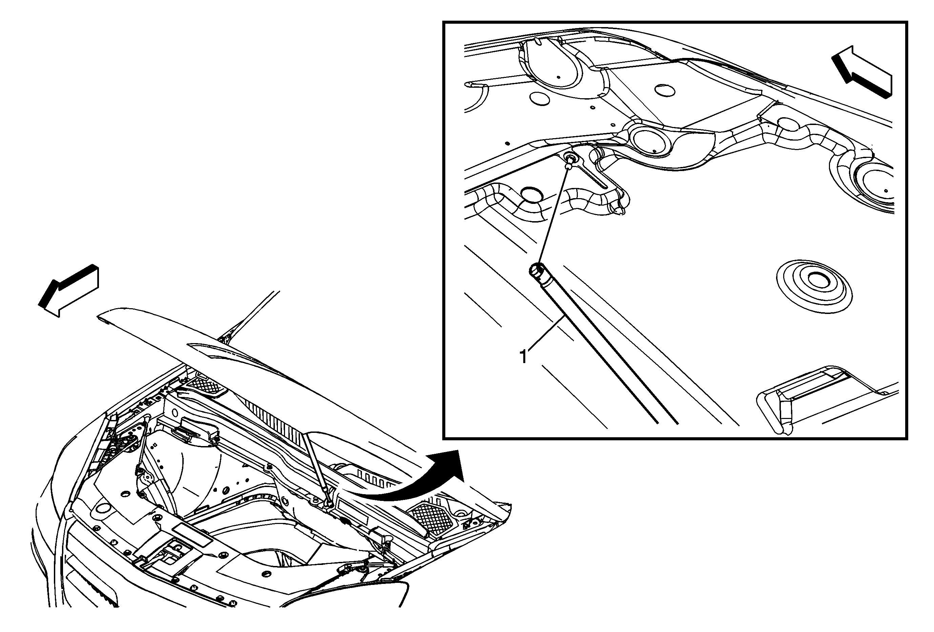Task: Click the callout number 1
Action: pyautogui.click(x=523, y=356)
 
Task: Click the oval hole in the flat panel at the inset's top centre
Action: pyautogui.click(x=664, y=90)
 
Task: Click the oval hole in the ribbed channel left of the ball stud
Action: pyautogui.click(x=531, y=194)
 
